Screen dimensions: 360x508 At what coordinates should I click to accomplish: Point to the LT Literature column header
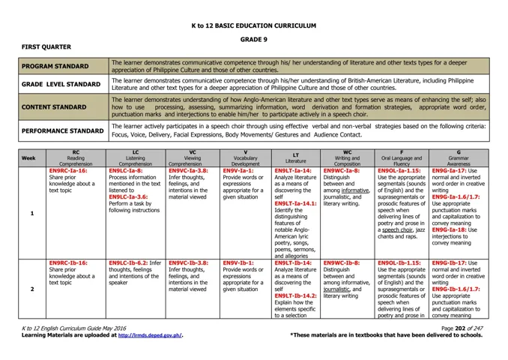point(296,158)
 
